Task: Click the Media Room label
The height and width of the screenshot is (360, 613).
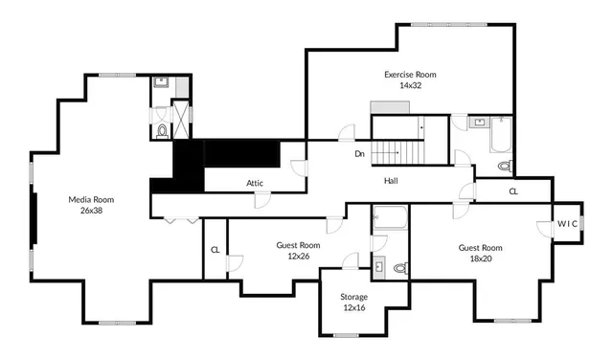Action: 91,199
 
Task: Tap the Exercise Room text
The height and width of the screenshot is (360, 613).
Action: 410,74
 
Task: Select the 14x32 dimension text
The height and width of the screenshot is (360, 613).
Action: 410,85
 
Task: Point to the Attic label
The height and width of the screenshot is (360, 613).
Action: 255,183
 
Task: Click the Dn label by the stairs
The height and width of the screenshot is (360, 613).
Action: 360,153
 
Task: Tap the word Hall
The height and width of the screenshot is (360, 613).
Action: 392,180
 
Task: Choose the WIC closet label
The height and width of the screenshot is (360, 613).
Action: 568,223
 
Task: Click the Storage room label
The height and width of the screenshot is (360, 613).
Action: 353,297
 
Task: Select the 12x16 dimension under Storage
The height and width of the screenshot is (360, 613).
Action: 353,307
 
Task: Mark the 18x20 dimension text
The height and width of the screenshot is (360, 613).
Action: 480,258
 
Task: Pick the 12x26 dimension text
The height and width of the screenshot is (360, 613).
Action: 298,256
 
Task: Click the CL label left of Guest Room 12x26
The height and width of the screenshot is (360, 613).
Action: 214,250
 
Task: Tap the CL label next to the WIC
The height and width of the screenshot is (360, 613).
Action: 513,191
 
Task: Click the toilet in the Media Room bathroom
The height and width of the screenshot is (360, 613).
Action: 162,130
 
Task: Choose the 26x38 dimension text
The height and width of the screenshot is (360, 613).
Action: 91,211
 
